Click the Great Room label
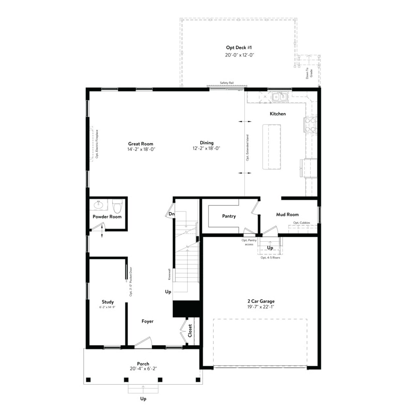coord(140,144)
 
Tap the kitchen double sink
coord(280,97)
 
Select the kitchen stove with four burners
coord(310,125)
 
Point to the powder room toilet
coord(117,206)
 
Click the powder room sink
coord(98,204)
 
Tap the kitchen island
coord(271,147)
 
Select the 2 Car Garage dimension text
coord(261,307)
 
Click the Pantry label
coord(229,216)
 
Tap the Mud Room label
coord(287,215)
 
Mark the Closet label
coord(190,330)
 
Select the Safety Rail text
coord(227,83)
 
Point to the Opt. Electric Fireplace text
coord(97,144)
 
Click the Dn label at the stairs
coord(171,214)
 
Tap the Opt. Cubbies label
coord(301,223)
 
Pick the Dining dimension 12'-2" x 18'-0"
coord(206,148)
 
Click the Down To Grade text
coord(309,73)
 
